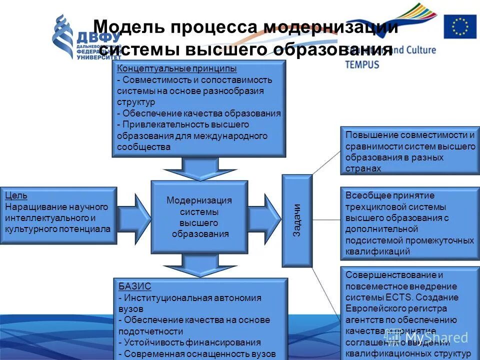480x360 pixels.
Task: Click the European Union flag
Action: click(460, 27)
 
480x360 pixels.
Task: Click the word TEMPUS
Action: click(362, 64)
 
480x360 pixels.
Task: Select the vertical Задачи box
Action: click(296, 220)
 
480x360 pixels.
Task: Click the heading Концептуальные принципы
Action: click(176, 68)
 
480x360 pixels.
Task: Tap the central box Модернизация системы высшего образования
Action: click(199, 217)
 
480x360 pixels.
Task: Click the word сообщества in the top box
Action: click(143, 147)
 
